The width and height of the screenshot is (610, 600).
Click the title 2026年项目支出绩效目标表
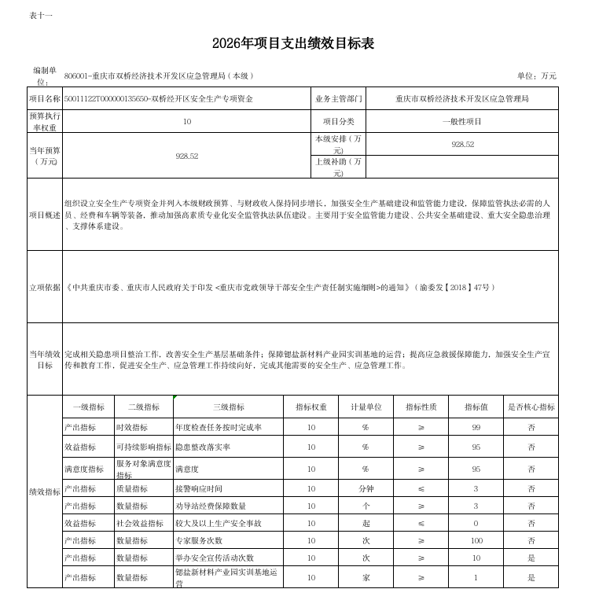pyautogui.click(x=293, y=44)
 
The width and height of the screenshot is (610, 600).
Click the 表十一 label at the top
pyautogui.click(x=40, y=15)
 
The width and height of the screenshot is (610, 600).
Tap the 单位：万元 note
pyautogui.click(x=536, y=75)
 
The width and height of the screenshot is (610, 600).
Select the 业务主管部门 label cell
pyautogui.click(x=339, y=99)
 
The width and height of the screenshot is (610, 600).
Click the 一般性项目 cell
pyautogui.click(x=462, y=122)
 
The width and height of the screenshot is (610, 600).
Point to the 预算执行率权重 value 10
pyautogui.click(x=186, y=122)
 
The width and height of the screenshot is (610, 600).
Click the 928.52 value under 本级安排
pyautogui.click(x=462, y=145)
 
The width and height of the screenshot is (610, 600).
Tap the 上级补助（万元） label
pyautogui.click(x=339, y=167)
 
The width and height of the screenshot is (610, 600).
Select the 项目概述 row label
pyautogui.click(x=45, y=215)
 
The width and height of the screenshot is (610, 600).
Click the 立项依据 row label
pyautogui.click(x=45, y=287)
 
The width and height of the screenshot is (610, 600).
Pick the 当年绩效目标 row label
pyautogui.click(x=45, y=359)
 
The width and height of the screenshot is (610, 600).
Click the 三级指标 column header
pyautogui.click(x=229, y=407)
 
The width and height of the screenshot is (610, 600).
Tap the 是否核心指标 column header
pyautogui.click(x=531, y=407)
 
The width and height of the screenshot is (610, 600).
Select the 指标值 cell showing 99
pyautogui.click(x=476, y=427)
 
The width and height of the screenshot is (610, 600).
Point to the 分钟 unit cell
pyautogui.click(x=366, y=488)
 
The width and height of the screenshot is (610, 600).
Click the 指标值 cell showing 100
pyautogui.click(x=476, y=540)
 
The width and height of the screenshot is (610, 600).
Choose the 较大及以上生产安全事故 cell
pyautogui.click(x=218, y=523)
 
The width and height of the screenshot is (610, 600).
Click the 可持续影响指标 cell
pyautogui.click(x=143, y=447)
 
